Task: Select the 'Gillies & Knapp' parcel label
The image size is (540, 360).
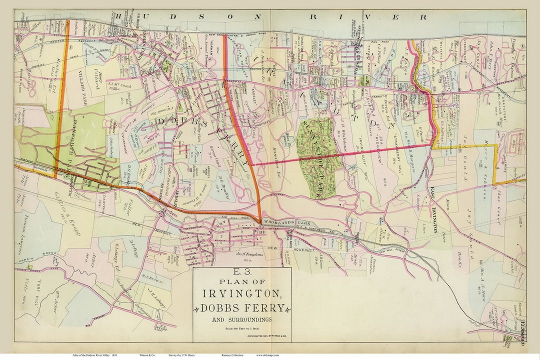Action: tap(70, 209)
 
